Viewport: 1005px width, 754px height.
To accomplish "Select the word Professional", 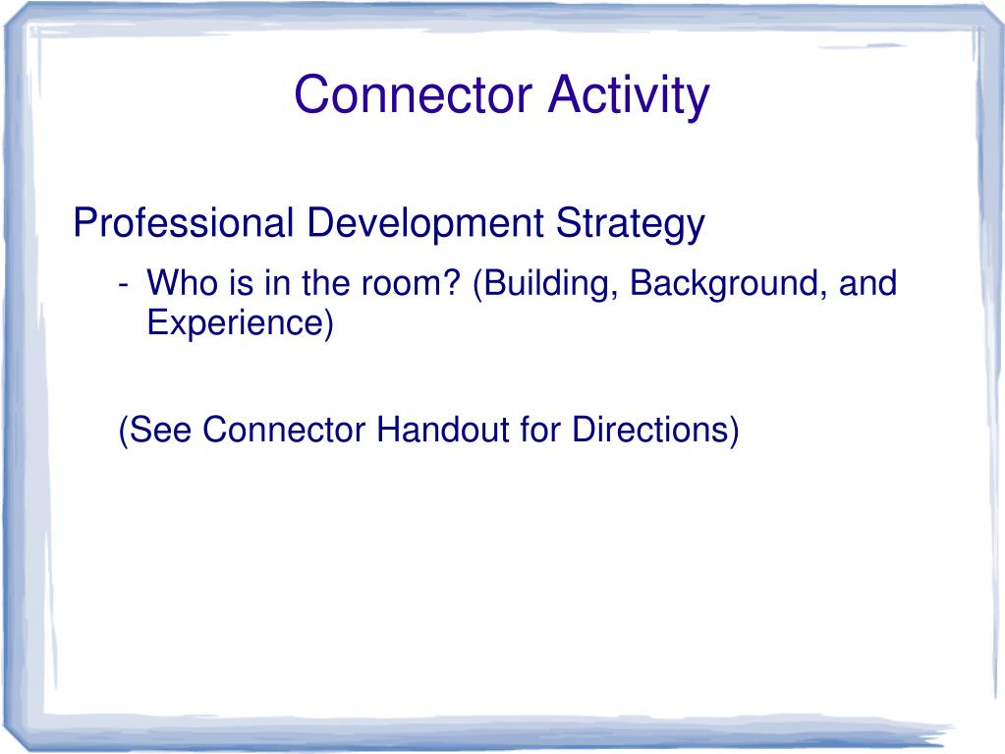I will coord(183,224).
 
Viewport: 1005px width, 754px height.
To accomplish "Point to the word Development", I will coord(423,224).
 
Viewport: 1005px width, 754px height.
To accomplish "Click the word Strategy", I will coord(631,224).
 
